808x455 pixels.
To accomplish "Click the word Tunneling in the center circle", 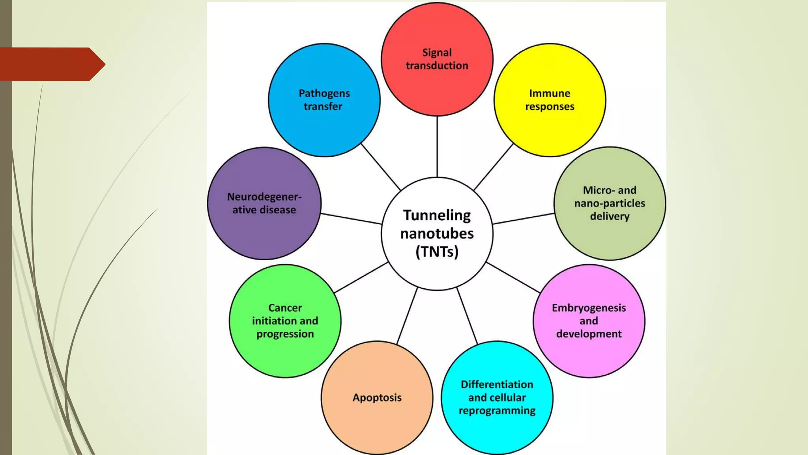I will tap(437, 216).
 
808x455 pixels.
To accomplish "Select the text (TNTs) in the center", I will tap(437, 252).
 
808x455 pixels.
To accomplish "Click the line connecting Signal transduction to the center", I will tap(437, 146).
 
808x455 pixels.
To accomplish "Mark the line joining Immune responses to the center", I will tap(493, 167).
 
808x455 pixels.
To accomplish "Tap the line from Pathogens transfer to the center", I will tap(380, 167).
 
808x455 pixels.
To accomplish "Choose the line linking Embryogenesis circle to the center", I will tap(513, 277).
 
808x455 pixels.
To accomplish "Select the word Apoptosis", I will tap(377, 398).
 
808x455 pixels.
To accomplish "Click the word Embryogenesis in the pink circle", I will tap(589, 308).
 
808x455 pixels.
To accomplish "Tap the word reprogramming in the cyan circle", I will tap(497, 411).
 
